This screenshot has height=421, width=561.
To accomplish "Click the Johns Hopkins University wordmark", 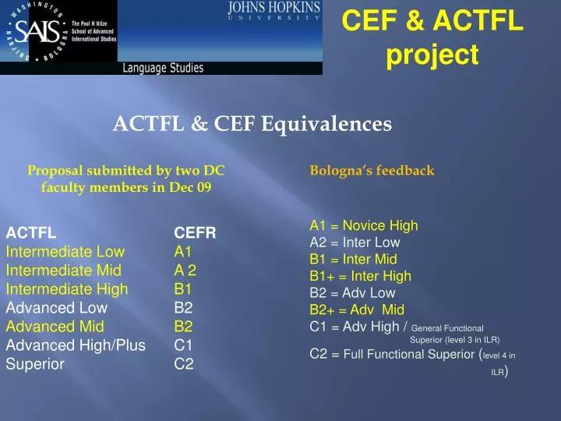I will [x=273, y=12].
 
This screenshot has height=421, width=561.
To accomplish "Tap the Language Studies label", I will [x=163, y=68].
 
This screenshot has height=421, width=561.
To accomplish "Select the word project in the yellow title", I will [x=432, y=55].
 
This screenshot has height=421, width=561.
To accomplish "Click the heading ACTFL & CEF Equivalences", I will [x=252, y=123].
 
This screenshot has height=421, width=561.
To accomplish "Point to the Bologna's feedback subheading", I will [x=372, y=170].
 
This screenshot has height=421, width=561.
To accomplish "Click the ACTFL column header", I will [x=31, y=232].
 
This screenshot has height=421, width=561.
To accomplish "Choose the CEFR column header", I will [x=195, y=232].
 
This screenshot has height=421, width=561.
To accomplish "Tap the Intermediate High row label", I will [x=67, y=289].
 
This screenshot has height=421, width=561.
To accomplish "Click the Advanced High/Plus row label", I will [x=76, y=345].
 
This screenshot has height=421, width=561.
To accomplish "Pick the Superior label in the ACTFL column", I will [x=35, y=363].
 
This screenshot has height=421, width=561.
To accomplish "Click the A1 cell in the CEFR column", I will [x=183, y=252].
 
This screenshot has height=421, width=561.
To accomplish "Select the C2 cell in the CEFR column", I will [x=184, y=363].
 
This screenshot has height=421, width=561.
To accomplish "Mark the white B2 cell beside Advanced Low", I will [x=184, y=307].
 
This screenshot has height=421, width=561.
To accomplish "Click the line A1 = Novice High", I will [x=364, y=226].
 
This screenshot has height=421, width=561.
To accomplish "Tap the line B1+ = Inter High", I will [x=360, y=276].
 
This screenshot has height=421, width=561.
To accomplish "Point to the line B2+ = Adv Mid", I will [x=357, y=310].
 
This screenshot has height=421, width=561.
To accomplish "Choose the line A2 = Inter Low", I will [x=355, y=242].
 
